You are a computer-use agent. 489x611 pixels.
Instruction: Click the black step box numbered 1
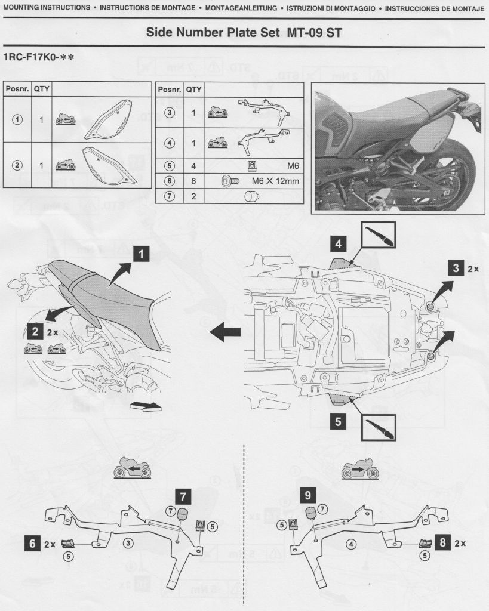[x=140, y=255]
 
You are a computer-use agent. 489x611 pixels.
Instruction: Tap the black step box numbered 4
[x=339, y=243]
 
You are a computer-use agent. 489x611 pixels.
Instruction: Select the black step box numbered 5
[x=339, y=422]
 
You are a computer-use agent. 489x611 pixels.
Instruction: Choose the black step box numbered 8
[x=443, y=543]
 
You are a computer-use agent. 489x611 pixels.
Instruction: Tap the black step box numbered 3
[x=457, y=269]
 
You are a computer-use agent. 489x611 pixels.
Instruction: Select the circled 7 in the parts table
[x=169, y=195]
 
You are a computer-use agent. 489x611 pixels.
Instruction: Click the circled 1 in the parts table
[x=17, y=119]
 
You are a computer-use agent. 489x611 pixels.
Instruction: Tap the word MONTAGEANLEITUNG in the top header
[x=242, y=9]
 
